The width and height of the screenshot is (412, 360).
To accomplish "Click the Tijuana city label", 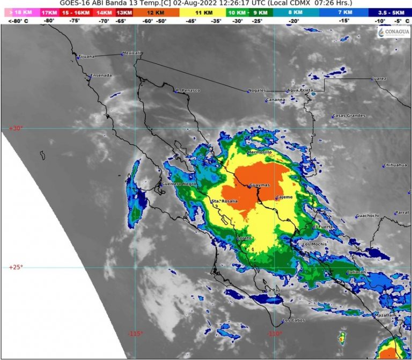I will (x=86, y=56).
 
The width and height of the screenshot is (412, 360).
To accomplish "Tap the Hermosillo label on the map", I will (x=260, y=152).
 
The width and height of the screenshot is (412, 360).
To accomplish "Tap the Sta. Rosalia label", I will (x=225, y=201).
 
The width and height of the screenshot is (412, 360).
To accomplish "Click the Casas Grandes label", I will (x=349, y=115).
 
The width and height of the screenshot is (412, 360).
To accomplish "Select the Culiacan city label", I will (x=356, y=273).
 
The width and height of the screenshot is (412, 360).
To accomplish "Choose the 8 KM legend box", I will (x=295, y=11).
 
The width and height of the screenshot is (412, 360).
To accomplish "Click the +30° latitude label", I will (x=14, y=128).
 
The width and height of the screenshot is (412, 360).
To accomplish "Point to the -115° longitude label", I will (x=135, y=334).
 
